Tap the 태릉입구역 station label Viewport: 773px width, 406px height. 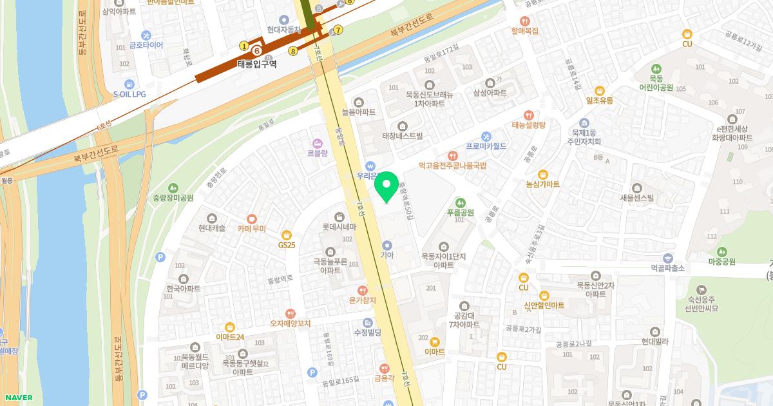coord(256,64)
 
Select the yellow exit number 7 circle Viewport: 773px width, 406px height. coord(338,30)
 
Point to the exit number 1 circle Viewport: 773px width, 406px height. coord(243,46)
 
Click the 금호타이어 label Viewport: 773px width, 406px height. coord(146,45)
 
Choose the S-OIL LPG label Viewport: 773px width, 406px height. coord(129,94)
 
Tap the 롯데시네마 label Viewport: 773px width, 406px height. coord(339,227)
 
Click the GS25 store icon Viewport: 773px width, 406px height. coord(287,235)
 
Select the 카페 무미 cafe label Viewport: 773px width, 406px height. coord(251,229)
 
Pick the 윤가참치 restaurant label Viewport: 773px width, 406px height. coord(362,300)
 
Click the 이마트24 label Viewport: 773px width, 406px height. coord(230,336)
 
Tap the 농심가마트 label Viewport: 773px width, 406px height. coord(542,184)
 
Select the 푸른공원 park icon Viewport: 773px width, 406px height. coord(460,202)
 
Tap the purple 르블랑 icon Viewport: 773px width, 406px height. coord(316,142)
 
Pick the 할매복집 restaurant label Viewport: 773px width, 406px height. coord(524,30)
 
